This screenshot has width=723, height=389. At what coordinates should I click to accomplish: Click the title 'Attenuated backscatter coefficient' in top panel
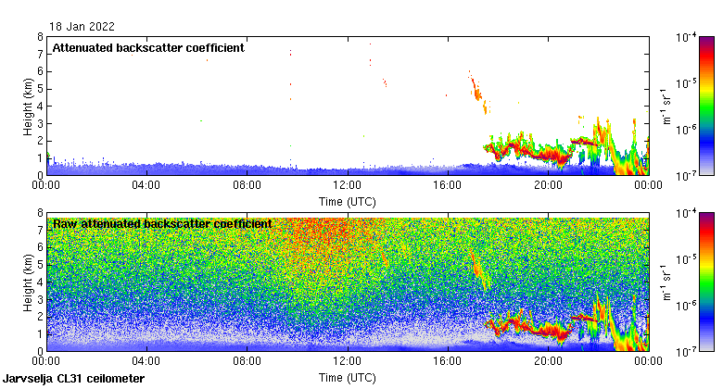pyautogui.click(x=148, y=48)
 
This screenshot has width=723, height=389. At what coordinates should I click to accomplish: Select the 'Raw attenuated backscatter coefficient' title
pyautogui.click(x=162, y=224)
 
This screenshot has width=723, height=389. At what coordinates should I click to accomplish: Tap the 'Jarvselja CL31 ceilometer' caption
pyautogui.click(x=74, y=379)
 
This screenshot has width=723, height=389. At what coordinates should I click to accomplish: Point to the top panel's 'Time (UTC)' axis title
pyautogui.click(x=347, y=201)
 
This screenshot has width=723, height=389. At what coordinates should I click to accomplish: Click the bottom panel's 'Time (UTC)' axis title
pyautogui.click(x=347, y=378)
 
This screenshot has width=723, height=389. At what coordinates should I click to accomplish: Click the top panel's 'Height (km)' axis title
pyautogui.click(x=29, y=106)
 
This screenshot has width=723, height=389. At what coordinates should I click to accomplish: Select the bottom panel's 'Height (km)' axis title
pyautogui.click(x=29, y=282)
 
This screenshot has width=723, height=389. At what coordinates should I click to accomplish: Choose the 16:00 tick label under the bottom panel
pyautogui.click(x=447, y=362)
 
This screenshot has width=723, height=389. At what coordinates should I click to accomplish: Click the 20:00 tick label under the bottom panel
pyautogui.click(x=547, y=362)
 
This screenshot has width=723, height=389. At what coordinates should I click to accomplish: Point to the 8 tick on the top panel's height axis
pyautogui.click(x=39, y=37)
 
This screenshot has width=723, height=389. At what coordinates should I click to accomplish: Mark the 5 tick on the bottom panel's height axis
pyautogui.click(x=39, y=265)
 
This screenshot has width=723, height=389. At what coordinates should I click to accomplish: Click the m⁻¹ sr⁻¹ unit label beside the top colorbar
pyautogui.click(x=666, y=106)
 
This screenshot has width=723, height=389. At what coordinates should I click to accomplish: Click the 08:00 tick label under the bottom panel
pyautogui.click(x=247, y=362)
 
